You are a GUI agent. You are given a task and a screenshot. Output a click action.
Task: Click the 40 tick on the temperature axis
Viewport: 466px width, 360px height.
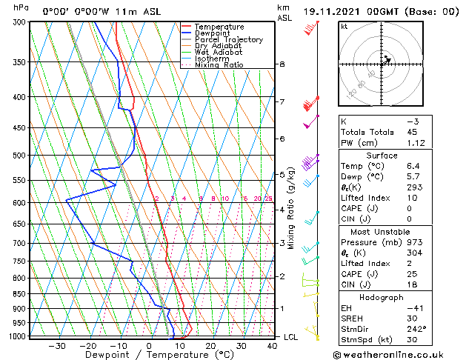pyautogui.click(x=273, y=346)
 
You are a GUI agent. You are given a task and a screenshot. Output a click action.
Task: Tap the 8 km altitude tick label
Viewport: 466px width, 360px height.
pyautogui.click(x=282, y=64)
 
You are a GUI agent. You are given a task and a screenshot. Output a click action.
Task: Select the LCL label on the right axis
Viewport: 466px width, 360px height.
pyautogui.click(x=292, y=337)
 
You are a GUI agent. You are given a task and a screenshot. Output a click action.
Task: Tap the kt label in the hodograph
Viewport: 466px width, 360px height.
pyautogui.click(x=344, y=27)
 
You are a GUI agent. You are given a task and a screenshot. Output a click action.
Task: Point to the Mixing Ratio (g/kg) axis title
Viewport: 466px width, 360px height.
pyautogui.click(x=290, y=207)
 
